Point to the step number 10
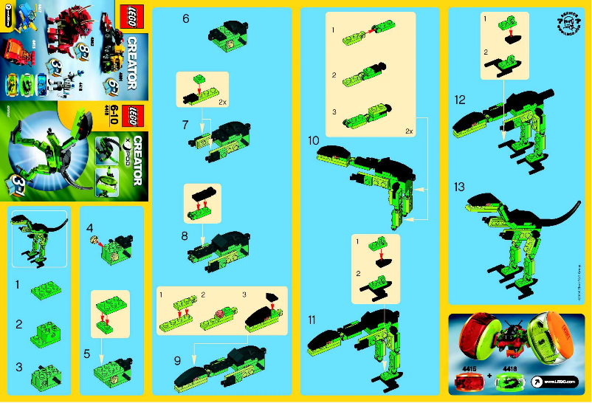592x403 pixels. [313, 139]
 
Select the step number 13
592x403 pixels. [461, 187]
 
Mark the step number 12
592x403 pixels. [461, 99]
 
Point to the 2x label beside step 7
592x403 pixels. [222, 103]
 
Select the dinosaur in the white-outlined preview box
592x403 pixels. [40, 237]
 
